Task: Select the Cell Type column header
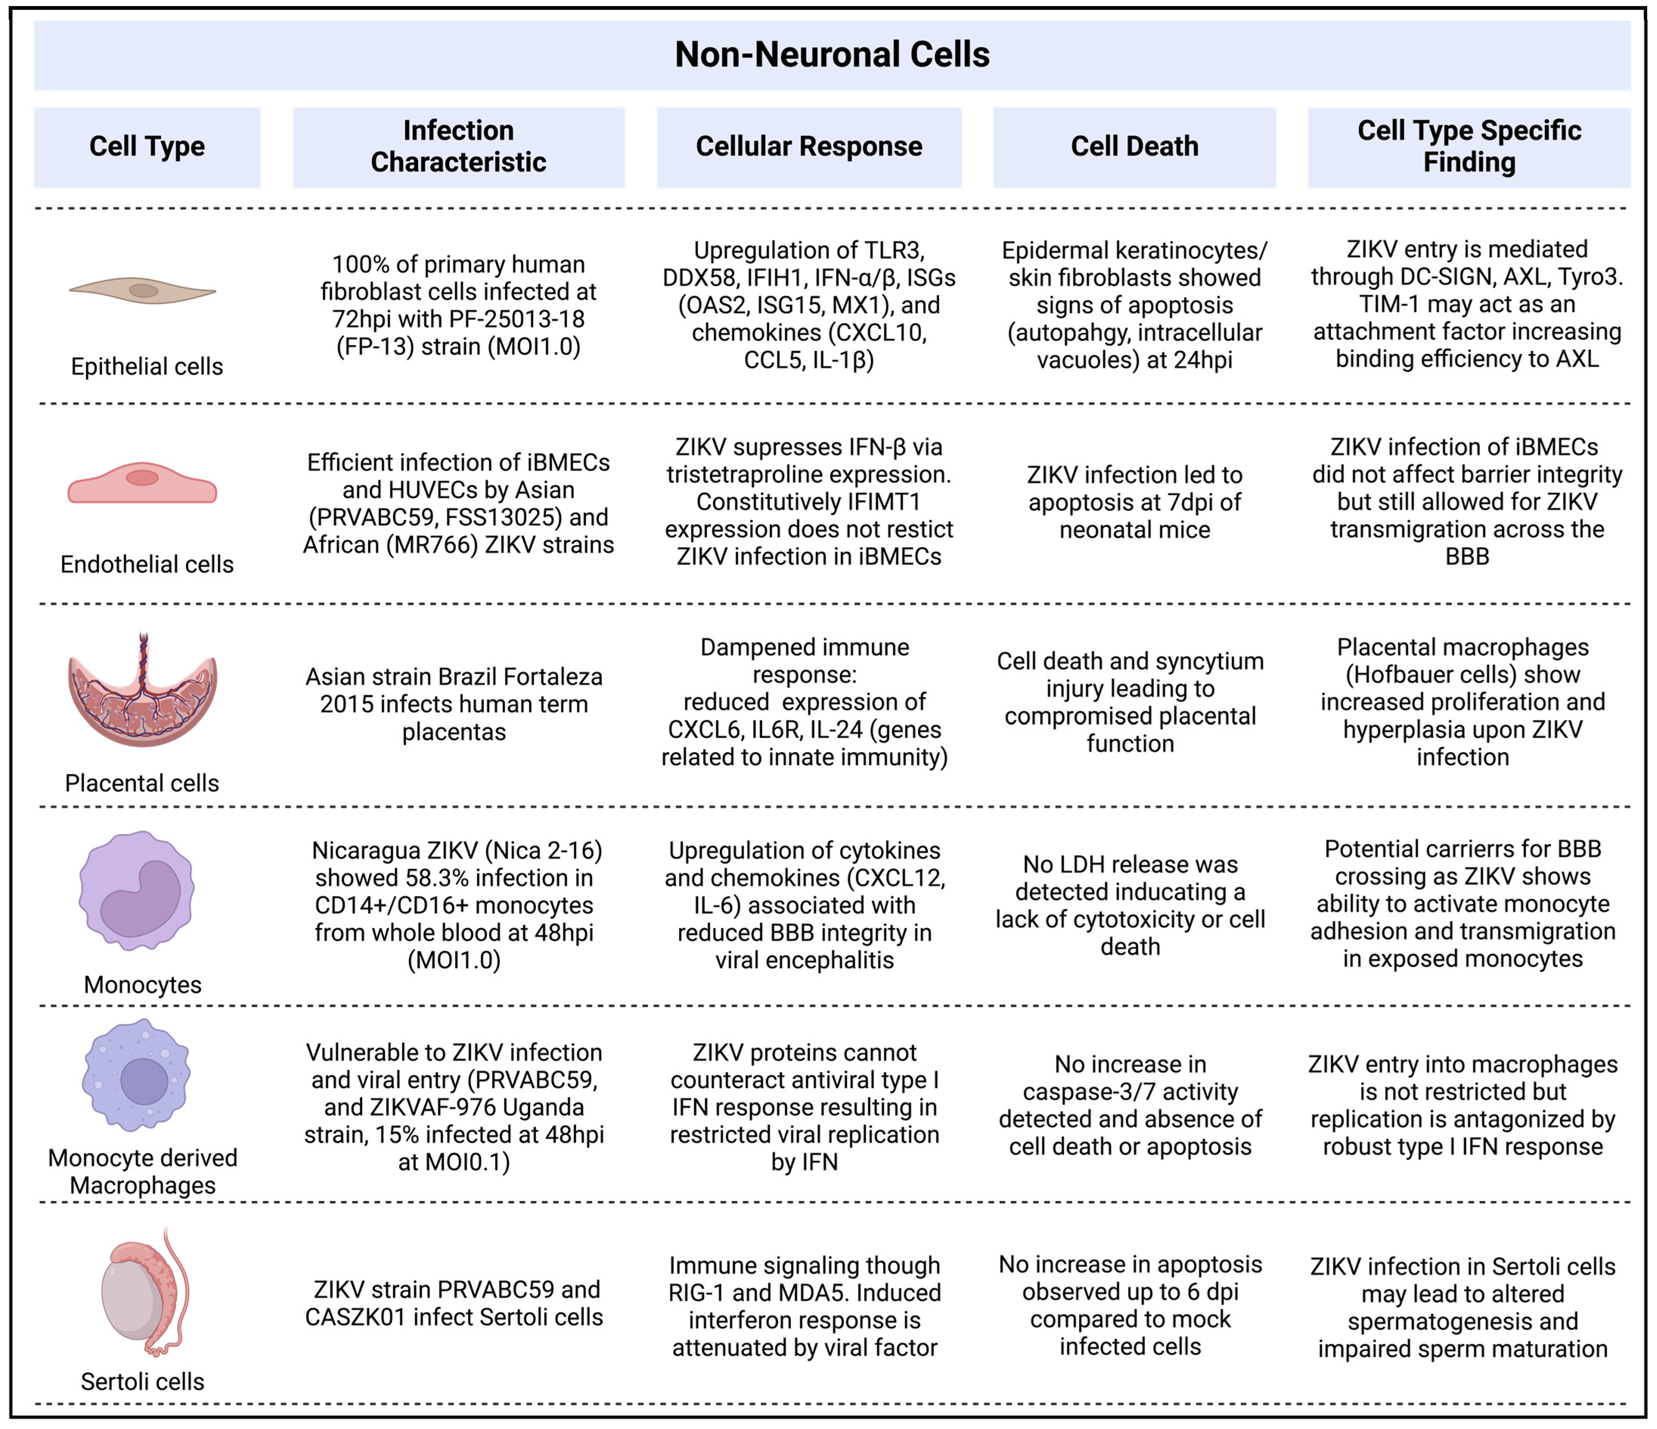coord(147,146)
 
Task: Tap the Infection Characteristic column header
coord(458,146)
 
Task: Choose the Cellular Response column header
coord(809,146)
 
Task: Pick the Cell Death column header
coord(1134,146)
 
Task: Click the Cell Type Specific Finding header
coord(1468,146)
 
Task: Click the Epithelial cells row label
coord(147,367)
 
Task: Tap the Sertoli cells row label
coord(143,1382)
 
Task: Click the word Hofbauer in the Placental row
coord(1402,674)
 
